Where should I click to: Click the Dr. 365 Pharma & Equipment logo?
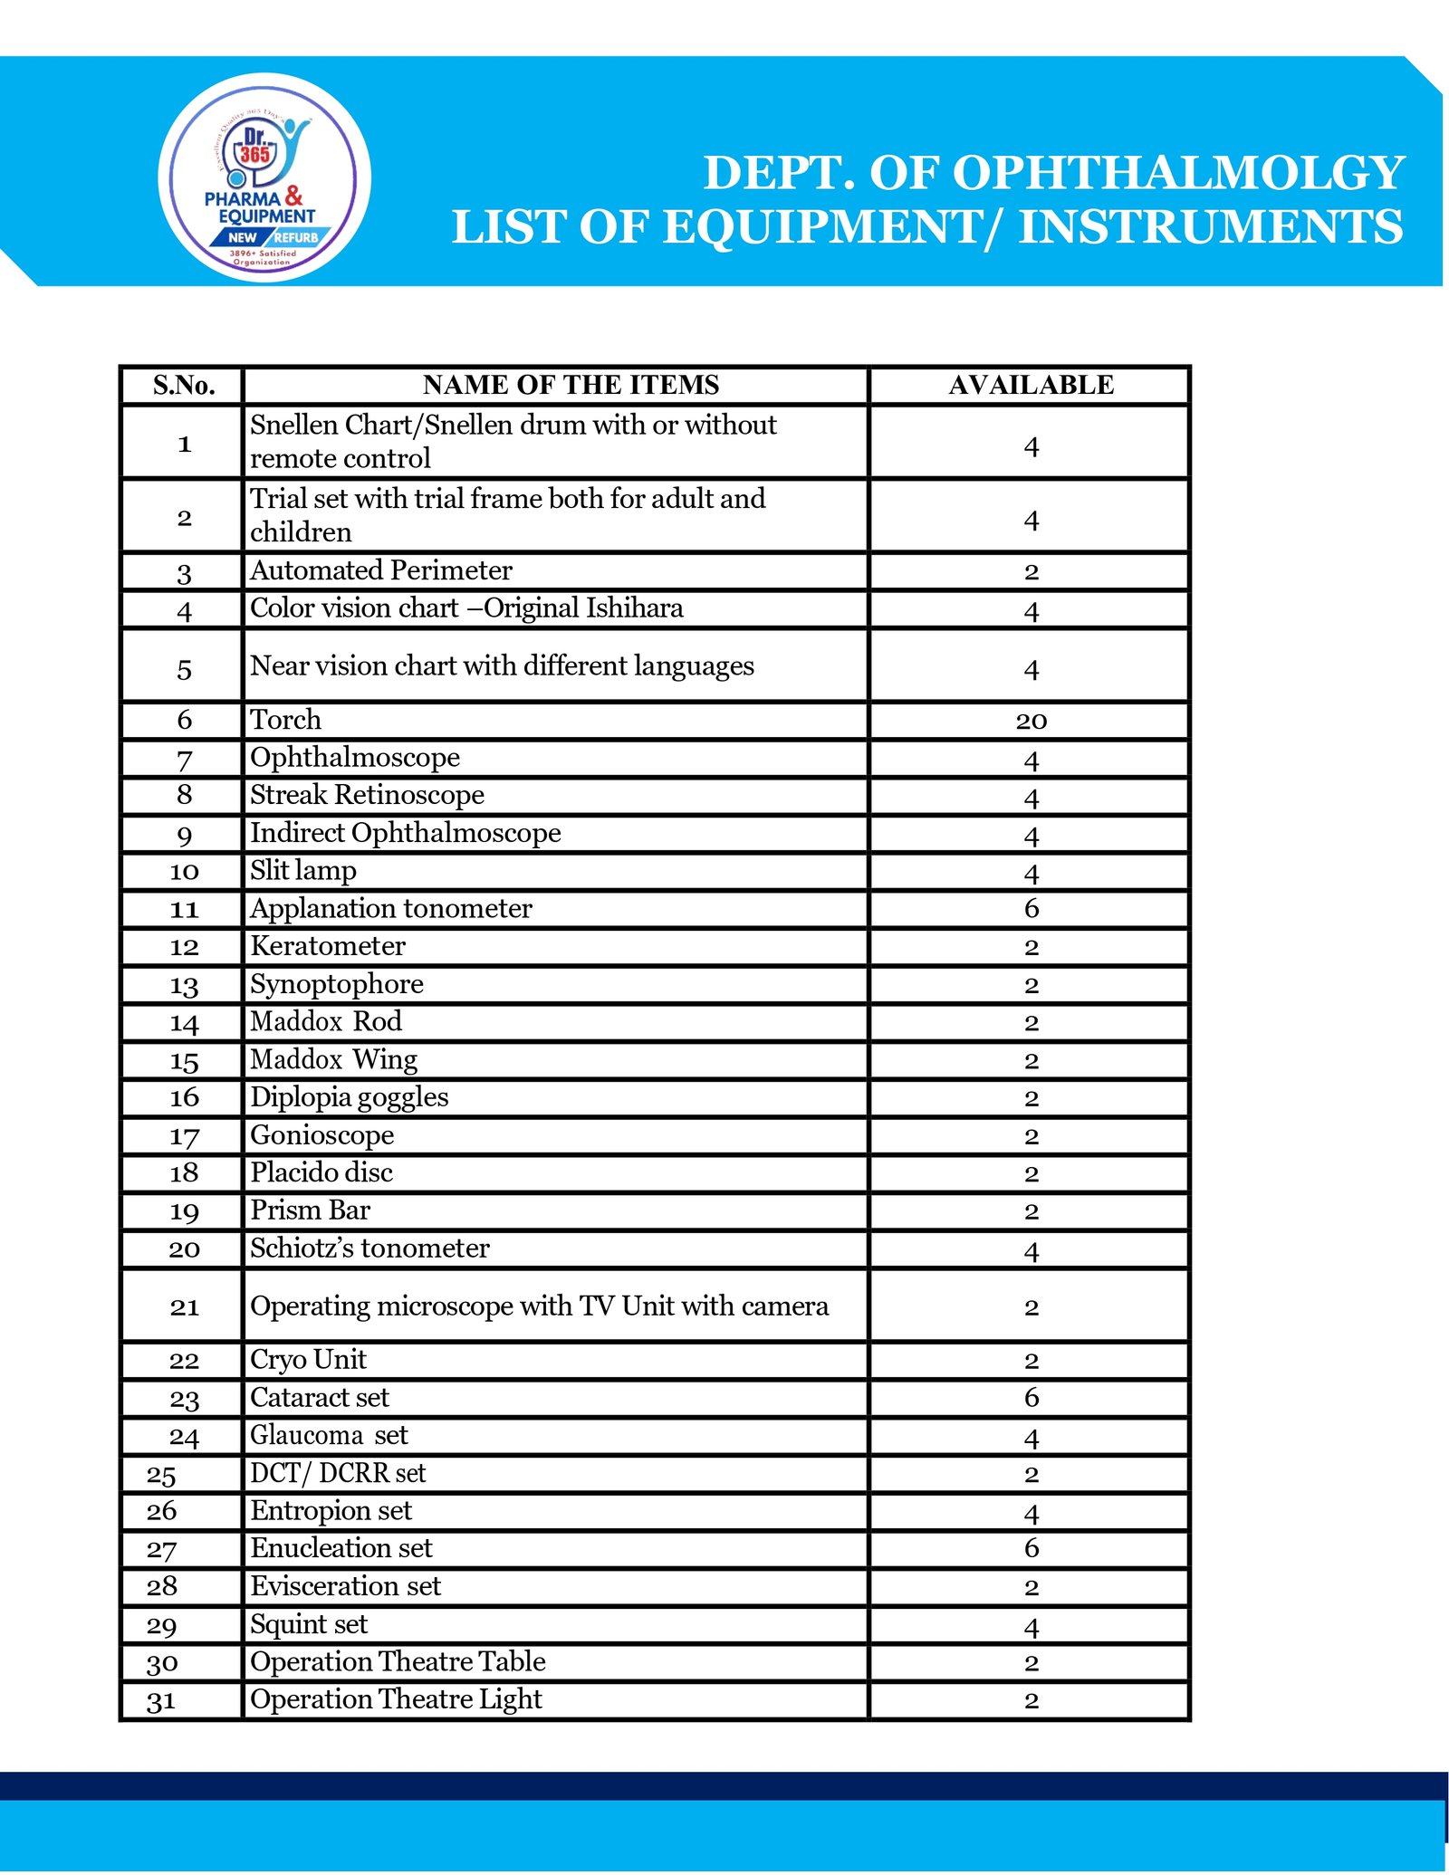264,177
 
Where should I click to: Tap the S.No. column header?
184,386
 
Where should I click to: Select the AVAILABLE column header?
1031,386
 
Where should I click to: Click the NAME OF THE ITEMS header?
571,386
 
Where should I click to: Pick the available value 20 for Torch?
1031,722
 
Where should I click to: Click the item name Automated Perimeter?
381,570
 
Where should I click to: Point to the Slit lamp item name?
303,871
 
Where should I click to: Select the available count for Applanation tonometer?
1031,909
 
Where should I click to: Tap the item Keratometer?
328,946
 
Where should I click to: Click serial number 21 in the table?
184,1306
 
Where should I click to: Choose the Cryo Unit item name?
308,1360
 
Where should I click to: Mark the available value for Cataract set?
1031,1398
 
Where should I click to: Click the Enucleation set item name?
341,1548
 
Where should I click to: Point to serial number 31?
161,1701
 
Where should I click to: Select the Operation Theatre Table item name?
398,1662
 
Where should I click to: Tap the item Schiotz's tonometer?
369,1248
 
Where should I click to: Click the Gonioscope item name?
322,1135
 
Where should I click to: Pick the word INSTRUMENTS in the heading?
1211,226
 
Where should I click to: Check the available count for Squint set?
1031,1626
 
